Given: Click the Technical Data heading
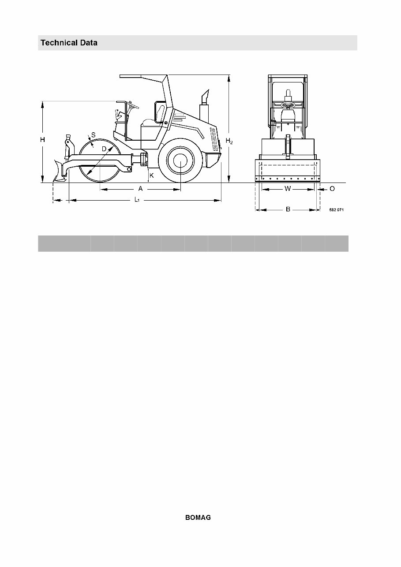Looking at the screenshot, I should coord(69,43).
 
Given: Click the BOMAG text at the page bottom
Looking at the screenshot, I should coord(198,518).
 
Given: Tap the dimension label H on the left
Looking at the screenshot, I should coord(42,140).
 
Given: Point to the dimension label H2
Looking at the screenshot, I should coord(229,141).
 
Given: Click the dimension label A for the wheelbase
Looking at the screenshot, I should coord(140,189).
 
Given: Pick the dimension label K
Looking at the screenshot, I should coord(151,175).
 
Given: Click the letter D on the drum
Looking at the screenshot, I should coord(104,149).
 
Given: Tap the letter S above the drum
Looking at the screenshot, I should coord(94,134).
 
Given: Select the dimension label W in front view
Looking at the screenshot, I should coord(288,189).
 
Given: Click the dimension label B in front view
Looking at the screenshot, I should coord(288,209).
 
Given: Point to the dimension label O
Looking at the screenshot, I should coord(332,189).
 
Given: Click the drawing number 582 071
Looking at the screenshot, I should coord(336,210).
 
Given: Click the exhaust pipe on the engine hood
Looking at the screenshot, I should coord(204,106).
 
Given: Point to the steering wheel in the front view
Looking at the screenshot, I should coord(288,105).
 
